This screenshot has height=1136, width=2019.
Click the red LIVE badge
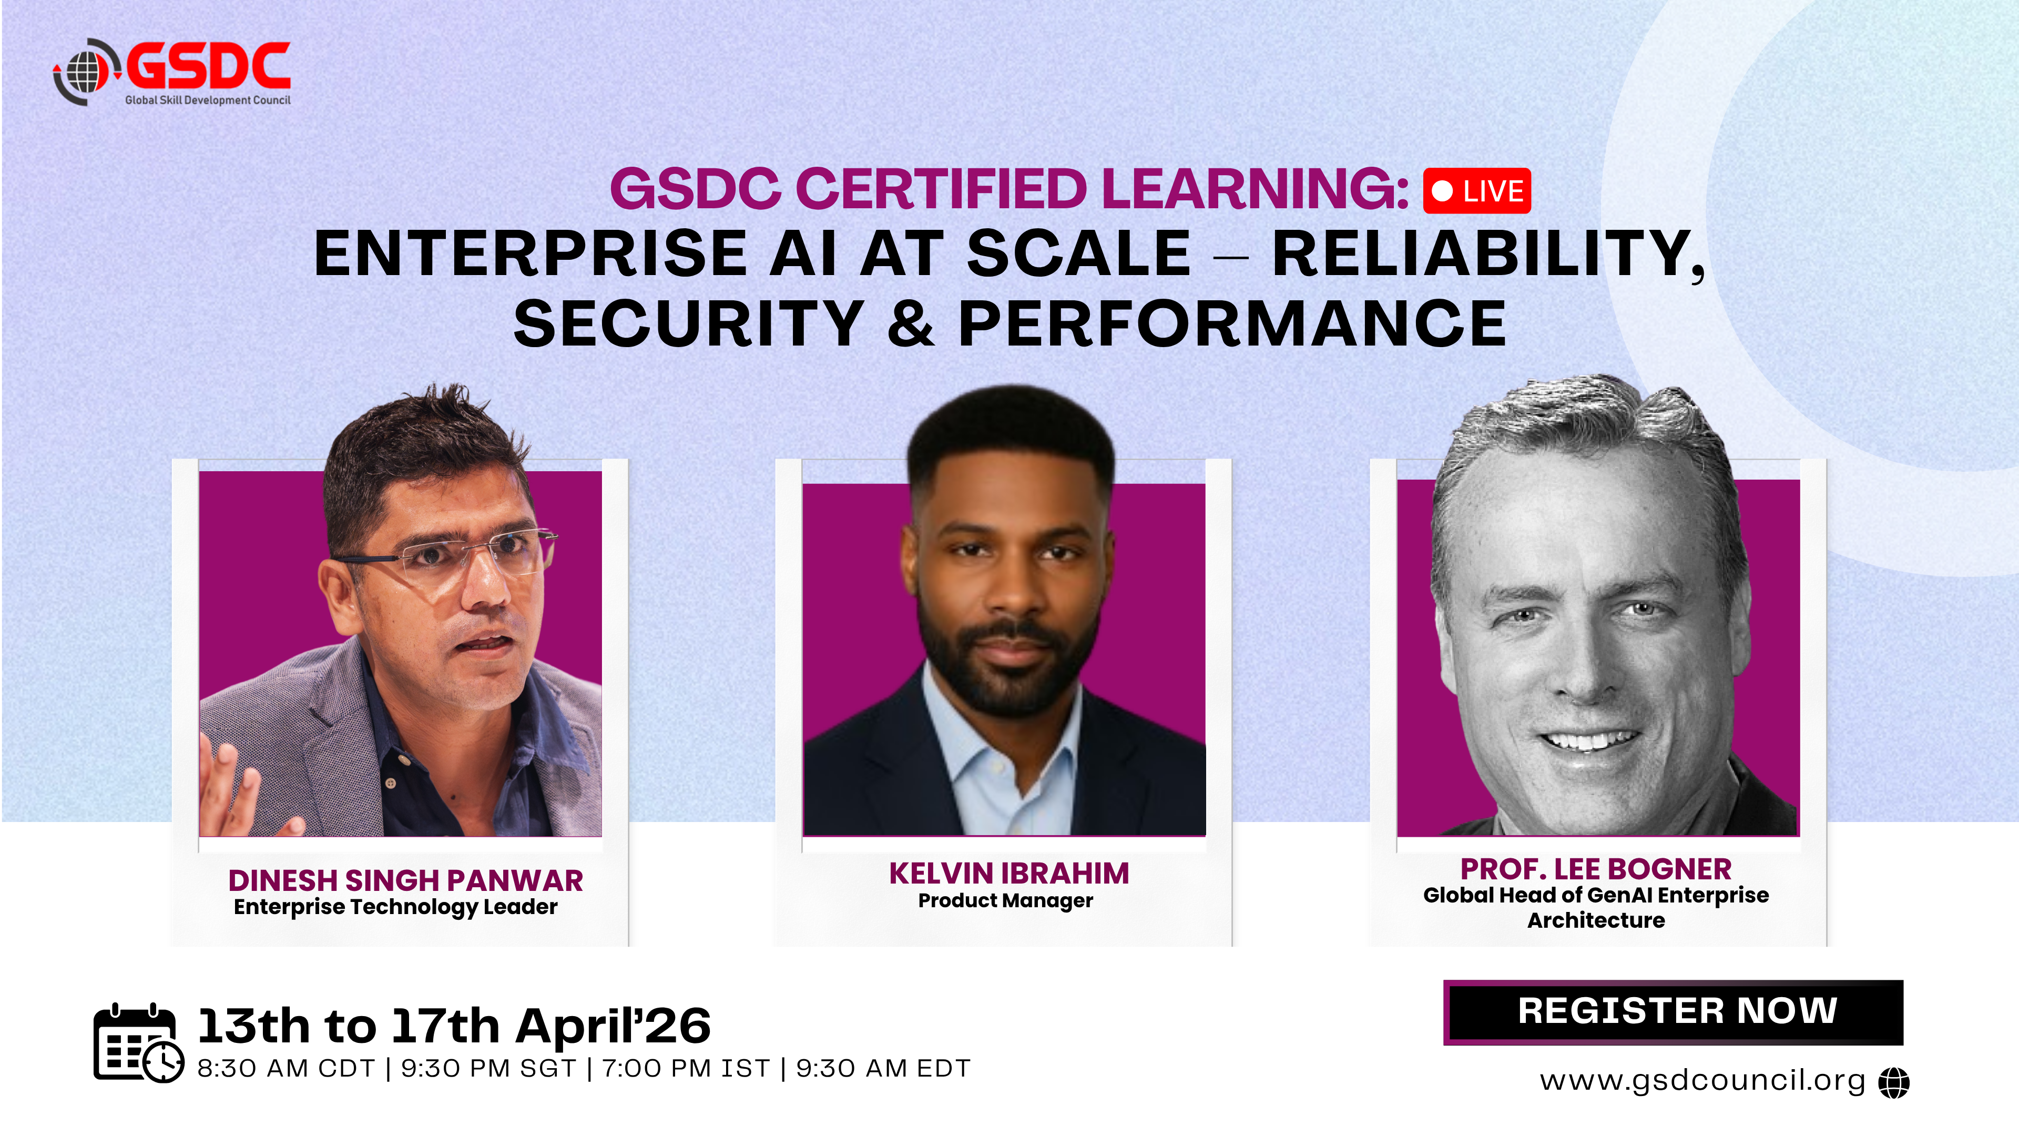[x=1476, y=190]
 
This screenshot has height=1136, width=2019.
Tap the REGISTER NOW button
[x=1674, y=1011]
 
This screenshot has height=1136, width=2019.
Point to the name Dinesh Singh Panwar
[x=405, y=880]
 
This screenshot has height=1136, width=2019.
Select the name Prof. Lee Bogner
[x=1596, y=869]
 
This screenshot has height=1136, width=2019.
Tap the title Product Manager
[x=1006, y=901]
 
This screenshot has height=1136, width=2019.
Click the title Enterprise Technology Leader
[x=396, y=907]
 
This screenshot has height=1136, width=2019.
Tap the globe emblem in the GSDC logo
[x=86, y=72]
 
